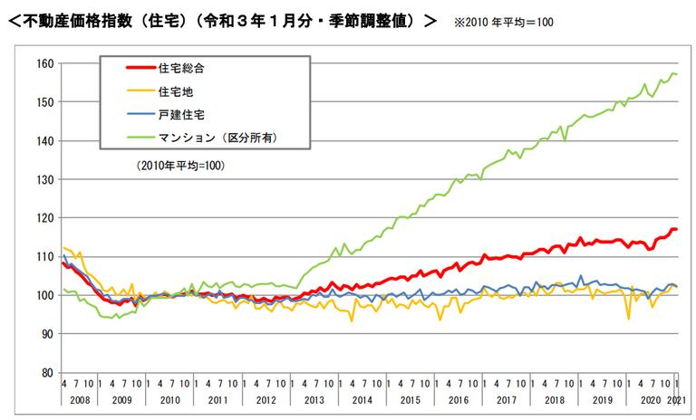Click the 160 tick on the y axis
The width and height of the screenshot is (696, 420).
(45, 63)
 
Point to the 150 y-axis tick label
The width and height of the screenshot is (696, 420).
(45, 102)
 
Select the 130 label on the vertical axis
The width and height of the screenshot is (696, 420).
(45, 179)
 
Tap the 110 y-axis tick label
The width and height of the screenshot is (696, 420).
(45, 256)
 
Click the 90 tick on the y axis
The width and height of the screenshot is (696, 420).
(47, 334)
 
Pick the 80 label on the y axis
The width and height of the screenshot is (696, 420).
(47, 372)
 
